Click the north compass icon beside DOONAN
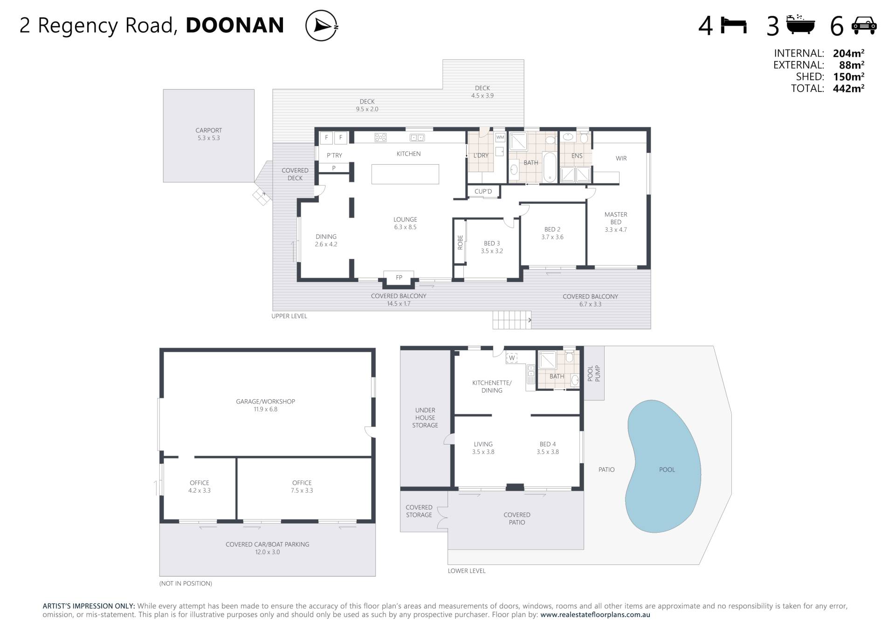(322, 26)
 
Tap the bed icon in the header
(734, 25)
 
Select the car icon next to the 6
(864, 26)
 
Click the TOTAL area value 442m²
(848, 88)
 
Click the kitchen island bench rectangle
(405, 174)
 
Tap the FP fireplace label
(399, 278)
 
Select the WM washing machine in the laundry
(500, 137)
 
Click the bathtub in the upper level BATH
(550, 167)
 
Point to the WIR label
(621, 159)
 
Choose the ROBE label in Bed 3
(460, 242)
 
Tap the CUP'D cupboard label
(483, 191)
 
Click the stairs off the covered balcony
(512, 320)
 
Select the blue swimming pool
(663, 466)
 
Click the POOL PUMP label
(594, 374)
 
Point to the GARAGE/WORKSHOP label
(265, 402)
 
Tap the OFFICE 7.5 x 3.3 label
(302, 487)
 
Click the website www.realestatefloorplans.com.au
(595, 615)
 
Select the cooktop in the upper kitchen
(380, 137)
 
